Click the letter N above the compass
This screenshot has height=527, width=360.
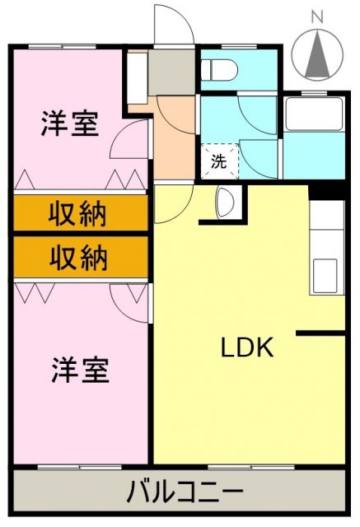point(318,15)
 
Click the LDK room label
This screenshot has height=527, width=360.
point(246,347)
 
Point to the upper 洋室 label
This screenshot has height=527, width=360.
point(70,124)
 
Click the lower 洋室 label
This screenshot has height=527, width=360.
point(80,370)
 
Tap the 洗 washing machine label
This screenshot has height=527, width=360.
point(218,161)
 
